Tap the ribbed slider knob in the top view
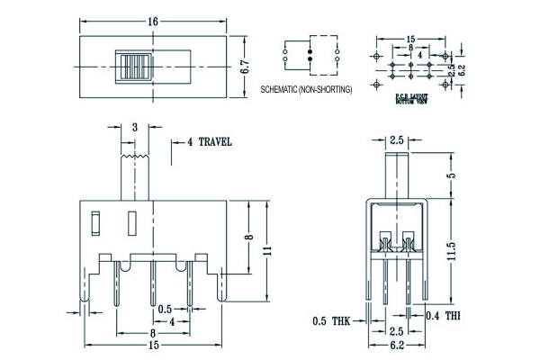tap(132, 67)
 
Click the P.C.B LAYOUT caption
tap(415, 94)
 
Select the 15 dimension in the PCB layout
tap(409, 40)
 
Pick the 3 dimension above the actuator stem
tap(133, 128)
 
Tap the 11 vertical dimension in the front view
tap(266, 252)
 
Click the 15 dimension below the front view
tap(155, 345)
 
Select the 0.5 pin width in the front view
tap(165, 309)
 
